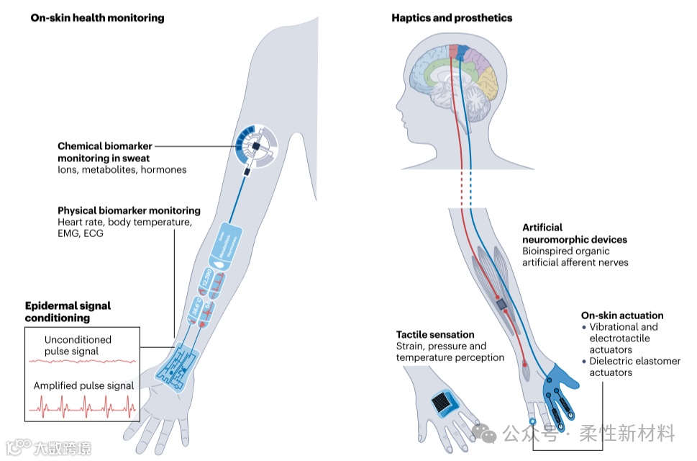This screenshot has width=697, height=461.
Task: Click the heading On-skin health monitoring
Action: tap(97, 17)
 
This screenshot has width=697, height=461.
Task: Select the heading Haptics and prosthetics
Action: tap(452, 17)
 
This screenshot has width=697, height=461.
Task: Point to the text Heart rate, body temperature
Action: tap(125, 223)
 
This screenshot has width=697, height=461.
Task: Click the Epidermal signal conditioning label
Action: tap(68, 311)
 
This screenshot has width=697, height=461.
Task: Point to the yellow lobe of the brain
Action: tap(489, 81)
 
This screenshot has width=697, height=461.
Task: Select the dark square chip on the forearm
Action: tap(501, 305)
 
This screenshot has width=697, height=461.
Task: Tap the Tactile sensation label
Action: tap(435, 334)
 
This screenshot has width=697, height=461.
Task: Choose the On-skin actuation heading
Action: tap(621, 315)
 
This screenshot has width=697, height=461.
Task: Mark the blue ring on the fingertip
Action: tap(532, 421)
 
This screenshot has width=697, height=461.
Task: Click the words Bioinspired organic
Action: tap(565, 251)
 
